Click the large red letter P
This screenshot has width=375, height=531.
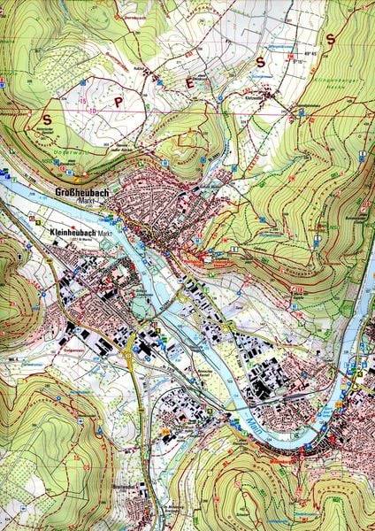point(117,100)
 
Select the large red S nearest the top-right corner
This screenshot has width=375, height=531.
point(330,39)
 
